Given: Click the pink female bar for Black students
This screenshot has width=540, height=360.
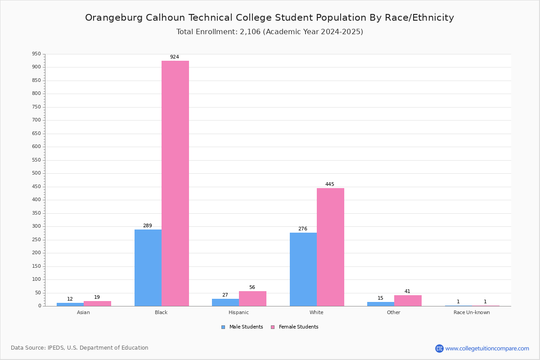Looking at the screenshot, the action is click(175, 184).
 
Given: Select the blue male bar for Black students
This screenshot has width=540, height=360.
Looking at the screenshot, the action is click(148, 268).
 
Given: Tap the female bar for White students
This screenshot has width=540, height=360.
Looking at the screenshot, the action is click(330, 247).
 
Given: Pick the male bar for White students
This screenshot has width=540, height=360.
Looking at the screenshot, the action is click(303, 270).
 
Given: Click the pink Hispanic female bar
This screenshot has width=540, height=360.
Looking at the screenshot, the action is click(252, 299).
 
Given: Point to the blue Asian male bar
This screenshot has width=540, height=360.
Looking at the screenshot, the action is click(70, 305).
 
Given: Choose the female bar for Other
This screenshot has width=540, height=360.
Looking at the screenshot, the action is click(408, 301).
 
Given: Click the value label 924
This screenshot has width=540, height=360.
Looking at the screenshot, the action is click(175, 57).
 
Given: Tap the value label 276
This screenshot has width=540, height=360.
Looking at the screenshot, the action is click(303, 229).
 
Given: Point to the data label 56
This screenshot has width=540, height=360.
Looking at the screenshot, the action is click(252, 288).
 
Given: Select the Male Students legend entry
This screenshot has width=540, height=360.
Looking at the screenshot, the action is click(242, 327).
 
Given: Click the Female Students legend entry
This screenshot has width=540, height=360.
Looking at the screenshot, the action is click(295, 327).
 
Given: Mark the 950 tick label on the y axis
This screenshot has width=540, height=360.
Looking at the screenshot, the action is click(36, 54).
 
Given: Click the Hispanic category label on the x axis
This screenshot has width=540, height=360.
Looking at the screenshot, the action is click(238, 312).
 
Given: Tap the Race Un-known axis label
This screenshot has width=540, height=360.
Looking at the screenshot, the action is click(472, 312).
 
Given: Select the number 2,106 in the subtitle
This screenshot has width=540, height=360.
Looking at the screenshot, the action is click(250, 32).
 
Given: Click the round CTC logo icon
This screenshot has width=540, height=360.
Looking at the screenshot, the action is click(439, 348).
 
